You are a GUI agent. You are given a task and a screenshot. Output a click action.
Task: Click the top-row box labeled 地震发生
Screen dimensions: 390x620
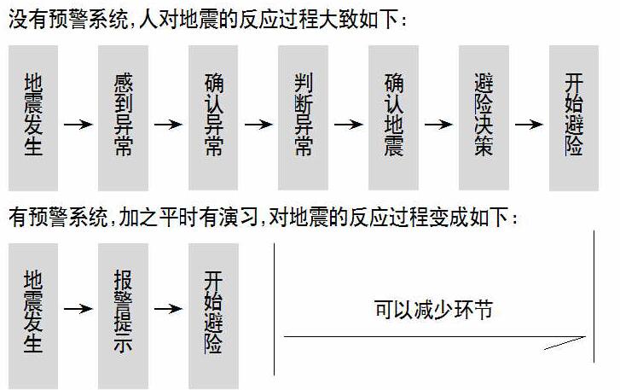[x=33, y=118]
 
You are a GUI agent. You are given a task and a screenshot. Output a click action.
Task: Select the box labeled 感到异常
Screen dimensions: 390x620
[x=123, y=118]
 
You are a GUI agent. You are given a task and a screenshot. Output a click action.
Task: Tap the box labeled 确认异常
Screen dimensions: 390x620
[x=213, y=118]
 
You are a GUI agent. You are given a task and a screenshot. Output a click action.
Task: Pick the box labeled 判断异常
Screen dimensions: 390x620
[x=303, y=118]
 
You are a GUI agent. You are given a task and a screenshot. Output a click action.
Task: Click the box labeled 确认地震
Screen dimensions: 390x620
[x=393, y=118]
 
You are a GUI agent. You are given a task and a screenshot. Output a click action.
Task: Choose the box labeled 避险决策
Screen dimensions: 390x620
[x=484, y=118]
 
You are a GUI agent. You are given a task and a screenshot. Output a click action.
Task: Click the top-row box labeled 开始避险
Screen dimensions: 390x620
[x=573, y=118]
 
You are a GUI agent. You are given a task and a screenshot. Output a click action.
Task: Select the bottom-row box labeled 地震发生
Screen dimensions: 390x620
[x=33, y=315]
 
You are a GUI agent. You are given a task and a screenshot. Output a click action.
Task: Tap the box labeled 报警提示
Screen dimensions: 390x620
[x=123, y=315]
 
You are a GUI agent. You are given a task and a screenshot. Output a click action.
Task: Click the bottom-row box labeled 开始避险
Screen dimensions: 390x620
[x=213, y=315]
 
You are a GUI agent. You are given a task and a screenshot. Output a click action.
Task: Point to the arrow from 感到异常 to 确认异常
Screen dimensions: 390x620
[x=168, y=125]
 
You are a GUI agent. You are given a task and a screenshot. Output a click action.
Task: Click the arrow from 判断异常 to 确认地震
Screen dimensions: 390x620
[x=348, y=125]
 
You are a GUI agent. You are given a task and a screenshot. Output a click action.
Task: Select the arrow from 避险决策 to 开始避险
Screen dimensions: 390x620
[x=529, y=125]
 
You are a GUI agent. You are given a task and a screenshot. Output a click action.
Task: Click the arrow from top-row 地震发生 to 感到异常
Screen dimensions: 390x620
[x=78, y=125]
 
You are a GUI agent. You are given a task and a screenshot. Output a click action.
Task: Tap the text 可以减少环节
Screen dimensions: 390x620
[x=433, y=309]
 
